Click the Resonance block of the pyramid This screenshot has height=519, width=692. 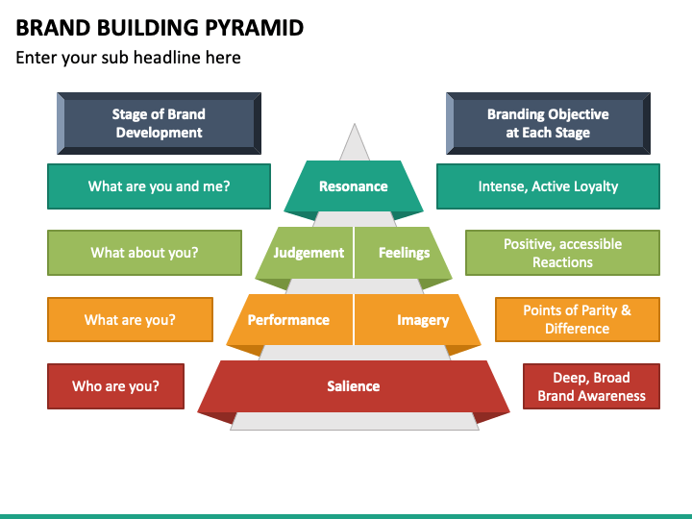tap(354, 186)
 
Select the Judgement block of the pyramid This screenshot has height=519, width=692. tap(308, 253)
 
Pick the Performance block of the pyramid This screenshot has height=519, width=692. tap(288, 320)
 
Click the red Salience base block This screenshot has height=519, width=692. tap(354, 386)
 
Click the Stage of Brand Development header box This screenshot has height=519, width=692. tap(159, 124)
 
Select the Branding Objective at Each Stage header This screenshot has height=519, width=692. tap(548, 124)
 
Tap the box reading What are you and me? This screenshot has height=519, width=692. tap(159, 186)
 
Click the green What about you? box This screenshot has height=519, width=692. tap(144, 253)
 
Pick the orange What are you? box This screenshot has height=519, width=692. tap(130, 320)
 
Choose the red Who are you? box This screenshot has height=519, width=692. tap(115, 386)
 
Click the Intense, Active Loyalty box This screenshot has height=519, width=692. tap(548, 186)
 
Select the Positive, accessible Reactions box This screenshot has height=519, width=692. tap(562, 253)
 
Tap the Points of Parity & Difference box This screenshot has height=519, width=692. tap(577, 320)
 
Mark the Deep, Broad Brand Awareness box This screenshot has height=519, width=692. tap(591, 386)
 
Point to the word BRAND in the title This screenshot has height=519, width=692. tap(47, 27)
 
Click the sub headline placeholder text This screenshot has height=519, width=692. tap(128, 58)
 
